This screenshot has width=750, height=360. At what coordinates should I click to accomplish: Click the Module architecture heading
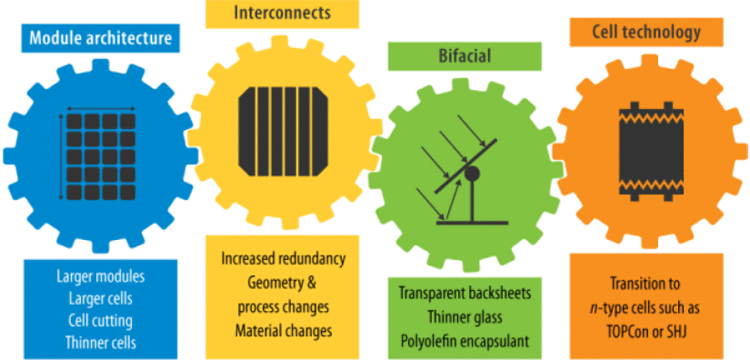click(x=99, y=38)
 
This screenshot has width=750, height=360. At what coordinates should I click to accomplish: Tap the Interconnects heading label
click(x=282, y=15)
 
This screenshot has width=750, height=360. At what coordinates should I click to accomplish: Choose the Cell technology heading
click(x=646, y=33)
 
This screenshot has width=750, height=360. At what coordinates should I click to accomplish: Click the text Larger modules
click(x=99, y=275)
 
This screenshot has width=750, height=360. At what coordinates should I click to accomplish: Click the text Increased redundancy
click(x=284, y=259)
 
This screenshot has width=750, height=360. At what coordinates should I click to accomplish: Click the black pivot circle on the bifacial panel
click(x=472, y=172)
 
